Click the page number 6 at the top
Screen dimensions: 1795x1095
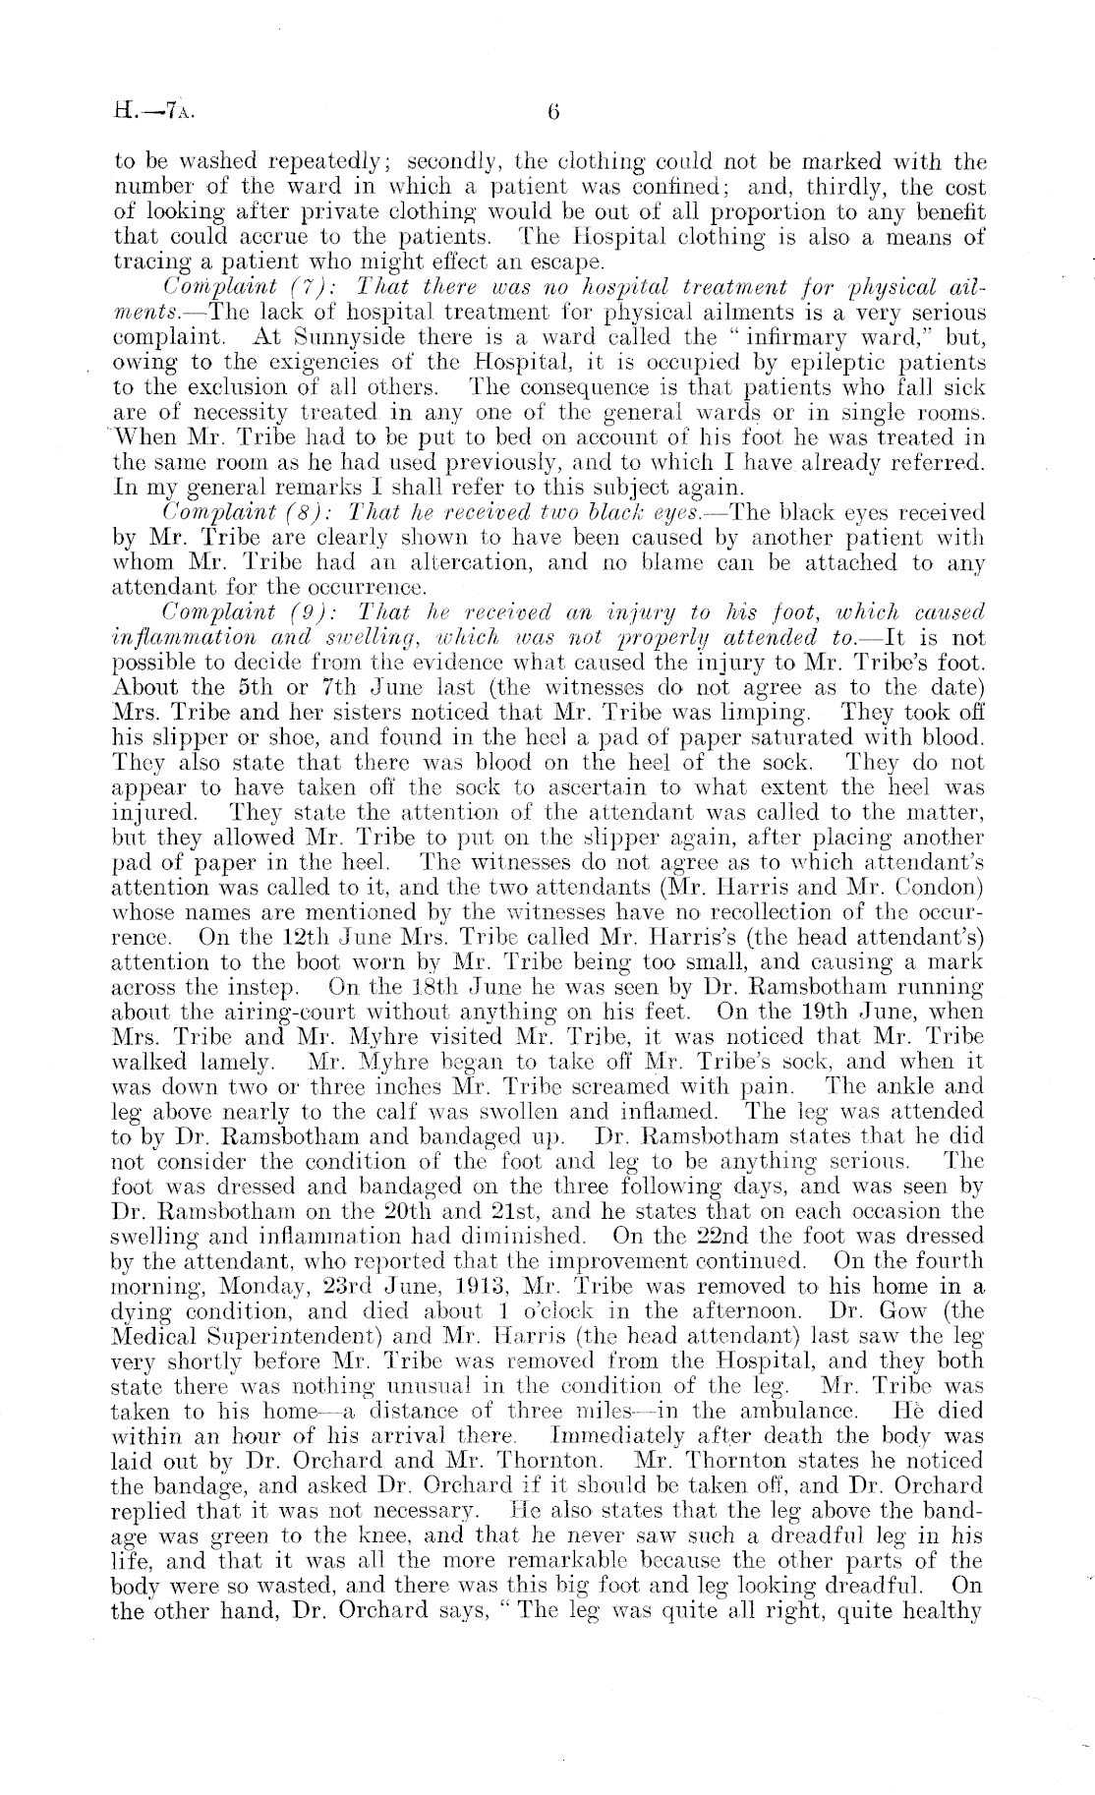553,112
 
